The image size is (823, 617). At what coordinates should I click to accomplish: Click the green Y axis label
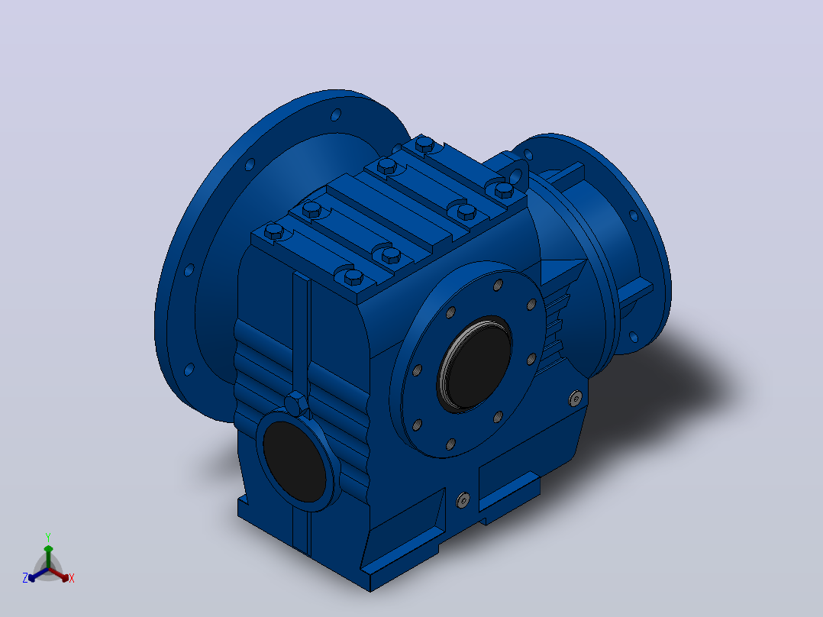[x=48, y=537]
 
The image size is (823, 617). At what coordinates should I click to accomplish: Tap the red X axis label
[x=72, y=578]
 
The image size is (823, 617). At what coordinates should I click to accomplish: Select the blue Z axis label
[x=25, y=577]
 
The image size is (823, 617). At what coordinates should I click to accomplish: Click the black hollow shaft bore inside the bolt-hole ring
[x=476, y=363]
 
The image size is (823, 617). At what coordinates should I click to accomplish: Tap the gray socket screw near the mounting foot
[x=463, y=500]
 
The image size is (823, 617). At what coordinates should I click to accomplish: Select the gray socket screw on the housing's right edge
[x=576, y=399]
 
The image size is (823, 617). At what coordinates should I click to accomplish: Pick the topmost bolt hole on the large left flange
[x=336, y=115]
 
